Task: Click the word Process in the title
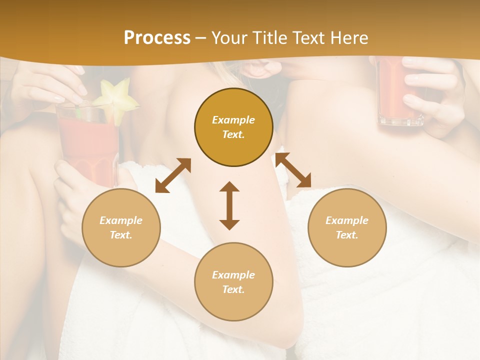(x=157, y=38)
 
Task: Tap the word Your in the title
(x=228, y=38)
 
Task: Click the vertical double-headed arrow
(x=229, y=205)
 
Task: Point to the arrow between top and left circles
(x=173, y=175)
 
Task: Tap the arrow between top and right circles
(x=293, y=170)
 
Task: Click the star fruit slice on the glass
(x=116, y=102)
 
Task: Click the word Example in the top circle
(x=233, y=120)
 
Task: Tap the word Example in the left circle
(x=121, y=220)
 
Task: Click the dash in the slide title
(x=200, y=38)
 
